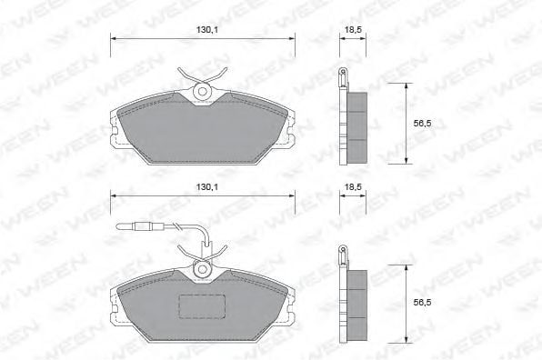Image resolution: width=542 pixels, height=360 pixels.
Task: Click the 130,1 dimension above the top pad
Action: point(207,30)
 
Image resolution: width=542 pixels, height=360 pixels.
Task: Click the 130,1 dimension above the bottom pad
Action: point(207,187)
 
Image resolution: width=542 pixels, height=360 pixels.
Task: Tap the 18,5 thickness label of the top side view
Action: point(353,30)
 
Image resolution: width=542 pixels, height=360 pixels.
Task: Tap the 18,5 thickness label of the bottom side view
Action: point(353,187)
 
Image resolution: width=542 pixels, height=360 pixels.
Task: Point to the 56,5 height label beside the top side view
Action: point(422,124)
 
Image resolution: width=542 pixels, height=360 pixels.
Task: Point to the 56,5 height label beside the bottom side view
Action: point(422,303)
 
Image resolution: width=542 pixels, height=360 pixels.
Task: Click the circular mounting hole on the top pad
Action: point(202,91)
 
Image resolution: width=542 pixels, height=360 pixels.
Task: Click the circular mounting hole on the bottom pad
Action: point(202,269)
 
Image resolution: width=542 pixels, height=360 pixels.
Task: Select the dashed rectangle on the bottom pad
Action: point(202,306)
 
